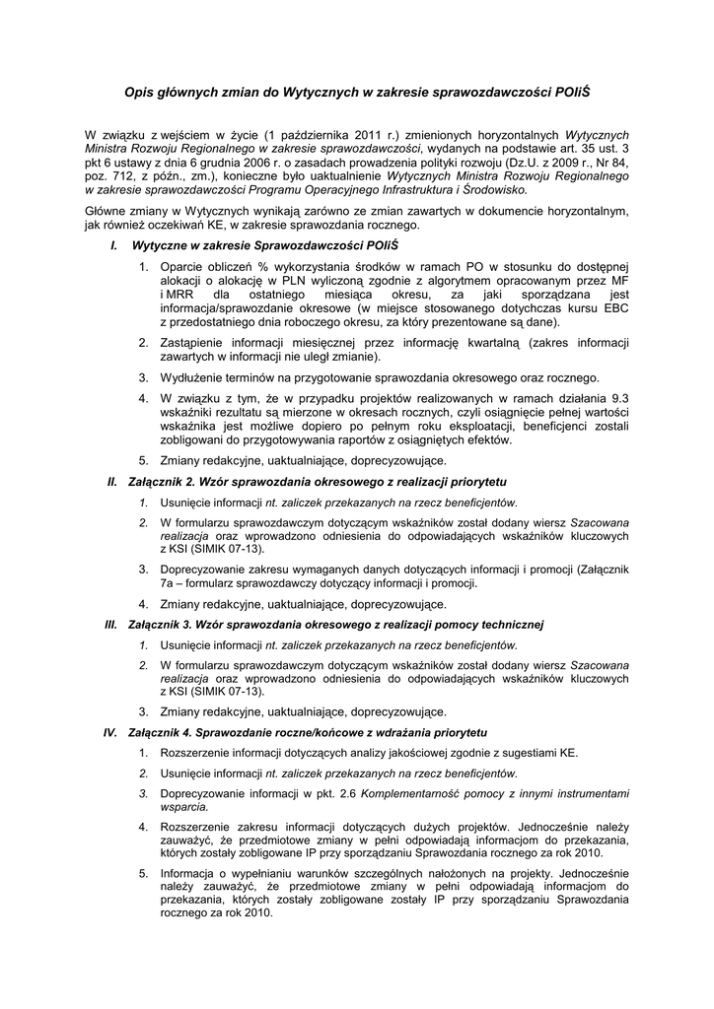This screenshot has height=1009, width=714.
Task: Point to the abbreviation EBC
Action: (x=614, y=307)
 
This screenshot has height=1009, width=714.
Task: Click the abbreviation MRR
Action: (x=178, y=294)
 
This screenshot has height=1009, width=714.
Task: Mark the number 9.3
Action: (x=617, y=397)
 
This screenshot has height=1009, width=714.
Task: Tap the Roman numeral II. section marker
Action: (x=112, y=482)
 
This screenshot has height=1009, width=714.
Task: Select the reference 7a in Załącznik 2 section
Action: (x=169, y=583)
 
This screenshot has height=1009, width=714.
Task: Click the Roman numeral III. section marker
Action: (x=110, y=625)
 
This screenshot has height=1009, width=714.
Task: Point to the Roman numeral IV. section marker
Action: (x=110, y=733)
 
